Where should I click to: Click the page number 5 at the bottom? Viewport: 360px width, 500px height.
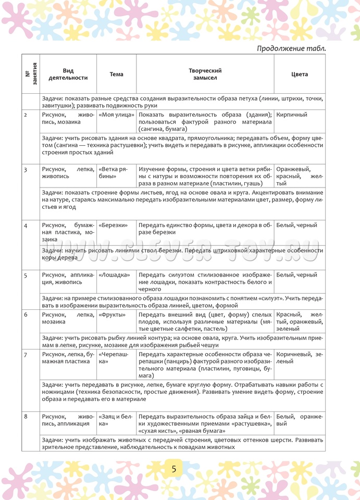173,469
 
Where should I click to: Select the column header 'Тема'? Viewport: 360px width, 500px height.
117,74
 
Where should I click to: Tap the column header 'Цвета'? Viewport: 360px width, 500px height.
300,74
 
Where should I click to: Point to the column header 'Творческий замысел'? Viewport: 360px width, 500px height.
205,74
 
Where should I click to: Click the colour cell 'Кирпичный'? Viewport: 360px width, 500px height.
292,115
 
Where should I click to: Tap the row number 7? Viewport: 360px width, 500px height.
26,354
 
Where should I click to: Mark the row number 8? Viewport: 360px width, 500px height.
26,417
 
